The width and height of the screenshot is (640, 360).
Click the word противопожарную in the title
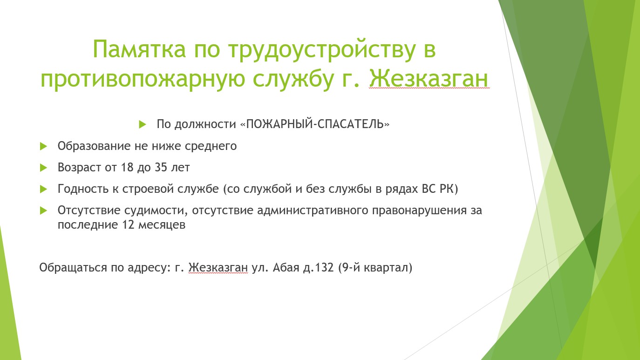click(x=143, y=80)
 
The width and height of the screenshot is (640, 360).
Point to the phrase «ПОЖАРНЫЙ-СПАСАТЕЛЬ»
click(x=315, y=124)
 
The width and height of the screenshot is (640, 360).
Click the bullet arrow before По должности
click(x=143, y=124)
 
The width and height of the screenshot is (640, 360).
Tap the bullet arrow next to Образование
click(x=43, y=146)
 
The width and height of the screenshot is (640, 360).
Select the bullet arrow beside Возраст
click(x=43, y=168)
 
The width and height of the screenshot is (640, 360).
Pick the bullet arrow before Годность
click(x=43, y=189)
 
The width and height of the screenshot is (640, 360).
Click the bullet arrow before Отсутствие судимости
click(x=43, y=211)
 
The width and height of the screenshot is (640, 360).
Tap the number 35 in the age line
click(x=161, y=167)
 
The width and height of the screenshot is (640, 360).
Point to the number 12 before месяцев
click(x=128, y=224)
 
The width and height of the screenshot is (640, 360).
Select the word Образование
click(x=94, y=146)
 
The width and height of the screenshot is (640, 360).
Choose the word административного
click(x=313, y=211)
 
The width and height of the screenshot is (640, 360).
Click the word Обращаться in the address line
click(x=73, y=268)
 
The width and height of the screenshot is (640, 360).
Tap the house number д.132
click(x=318, y=268)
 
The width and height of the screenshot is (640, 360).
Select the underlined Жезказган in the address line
click(x=218, y=268)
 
